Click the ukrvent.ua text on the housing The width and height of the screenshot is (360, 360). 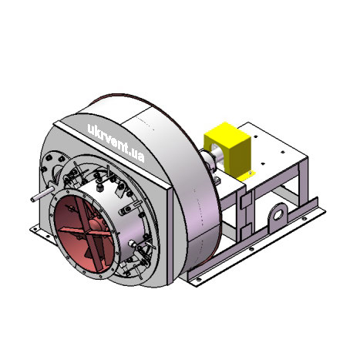tap(116, 143)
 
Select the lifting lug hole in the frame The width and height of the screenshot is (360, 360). tap(278, 214)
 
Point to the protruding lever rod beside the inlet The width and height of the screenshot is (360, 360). tap(42, 194)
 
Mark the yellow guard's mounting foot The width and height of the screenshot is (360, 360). tap(246, 176)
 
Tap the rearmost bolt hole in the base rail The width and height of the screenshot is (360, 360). tap(304, 219)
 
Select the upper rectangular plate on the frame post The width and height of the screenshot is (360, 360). tap(246, 200)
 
